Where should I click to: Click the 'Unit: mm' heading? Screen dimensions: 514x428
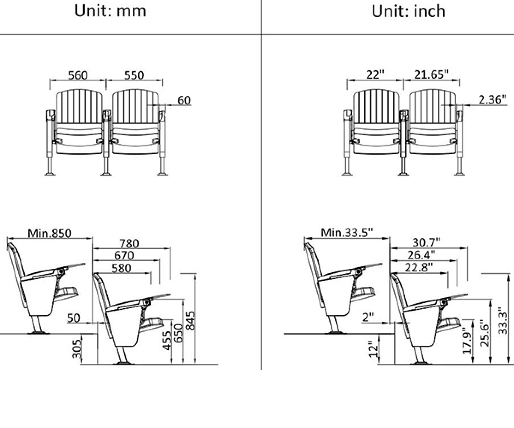pyautogui.click(x=110, y=11)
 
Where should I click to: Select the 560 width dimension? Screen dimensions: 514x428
pyautogui.click(x=78, y=75)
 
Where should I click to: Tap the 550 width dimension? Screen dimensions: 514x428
pyautogui.click(x=134, y=75)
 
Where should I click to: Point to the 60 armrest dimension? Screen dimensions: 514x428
pyautogui.click(x=184, y=100)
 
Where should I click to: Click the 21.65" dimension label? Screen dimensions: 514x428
pyautogui.click(x=431, y=74)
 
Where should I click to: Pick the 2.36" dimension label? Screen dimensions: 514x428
pyautogui.click(x=492, y=99)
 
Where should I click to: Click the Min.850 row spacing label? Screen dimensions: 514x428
pyautogui.click(x=50, y=233)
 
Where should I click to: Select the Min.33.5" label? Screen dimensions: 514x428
pyautogui.click(x=347, y=232)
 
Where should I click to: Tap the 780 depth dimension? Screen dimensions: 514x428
pyautogui.click(x=129, y=244)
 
